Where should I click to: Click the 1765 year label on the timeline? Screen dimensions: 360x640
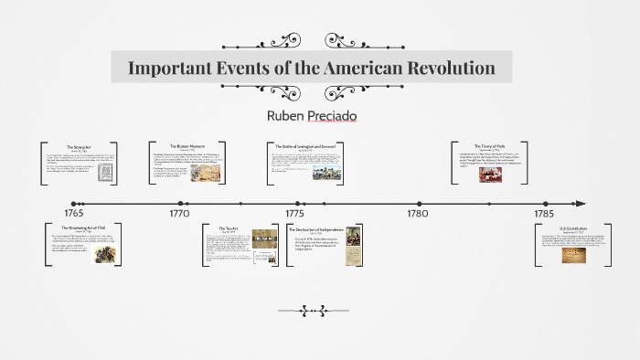(x=73, y=212)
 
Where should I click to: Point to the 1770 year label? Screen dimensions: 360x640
(x=179, y=212)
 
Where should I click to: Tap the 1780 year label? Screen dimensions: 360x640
(x=417, y=212)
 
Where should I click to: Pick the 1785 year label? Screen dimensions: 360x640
(x=545, y=212)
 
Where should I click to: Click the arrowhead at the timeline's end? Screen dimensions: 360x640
(x=579, y=204)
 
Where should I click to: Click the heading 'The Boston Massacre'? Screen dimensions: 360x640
(x=188, y=146)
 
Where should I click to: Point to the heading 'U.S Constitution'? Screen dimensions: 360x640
(x=573, y=228)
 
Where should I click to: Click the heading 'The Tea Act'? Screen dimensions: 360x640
(x=228, y=228)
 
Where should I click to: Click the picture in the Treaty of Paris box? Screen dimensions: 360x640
(x=490, y=174)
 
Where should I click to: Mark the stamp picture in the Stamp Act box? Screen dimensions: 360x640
(x=107, y=174)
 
